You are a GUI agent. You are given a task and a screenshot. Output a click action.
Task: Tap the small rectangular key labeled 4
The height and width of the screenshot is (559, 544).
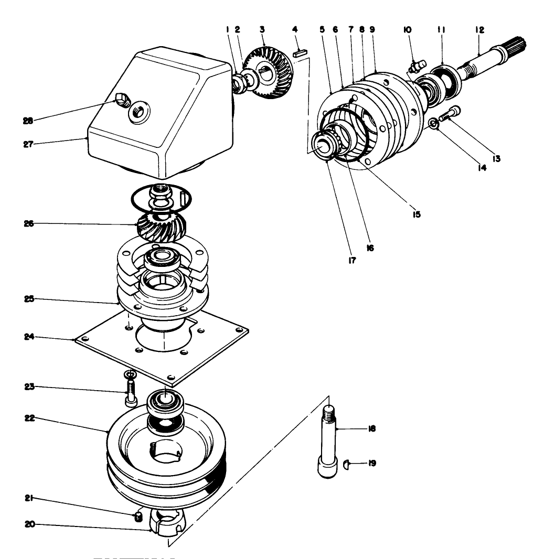click(300, 52)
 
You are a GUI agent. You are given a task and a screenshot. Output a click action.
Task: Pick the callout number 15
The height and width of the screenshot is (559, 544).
click(417, 214)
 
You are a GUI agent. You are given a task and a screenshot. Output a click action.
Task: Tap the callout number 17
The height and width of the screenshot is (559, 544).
click(351, 259)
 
